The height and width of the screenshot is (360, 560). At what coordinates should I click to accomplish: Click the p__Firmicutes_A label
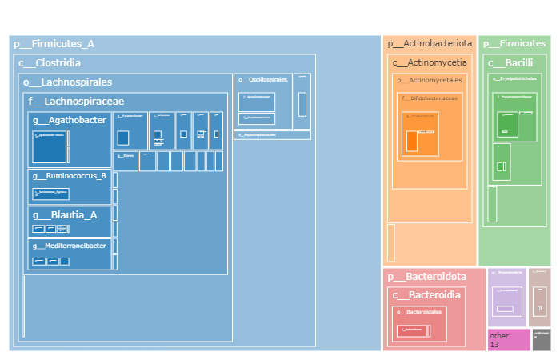pyautogui.click(x=54, y=44)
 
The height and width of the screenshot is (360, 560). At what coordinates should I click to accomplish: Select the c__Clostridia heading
pyautogui.click(x=50, y=63)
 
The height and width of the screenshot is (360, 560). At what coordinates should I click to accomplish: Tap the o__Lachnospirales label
pyautogui.click(x=68, y=82)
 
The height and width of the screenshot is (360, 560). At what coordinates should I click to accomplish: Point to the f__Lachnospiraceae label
pyautogui.click(x=76, y=102)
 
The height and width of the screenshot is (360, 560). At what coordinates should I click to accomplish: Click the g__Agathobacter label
pyautogui.click(x=70, y=121)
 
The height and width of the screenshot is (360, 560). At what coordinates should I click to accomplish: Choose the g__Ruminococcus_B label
pyautogui.click(x=70, y=176)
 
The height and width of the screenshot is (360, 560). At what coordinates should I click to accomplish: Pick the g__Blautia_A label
pyautogui.click(x=65, y=215)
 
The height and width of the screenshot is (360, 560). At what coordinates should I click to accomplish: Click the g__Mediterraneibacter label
pyautogui.click(x=70, y=246)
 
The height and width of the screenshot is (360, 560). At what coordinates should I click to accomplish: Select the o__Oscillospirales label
pyautogui.click(x=262, y=80)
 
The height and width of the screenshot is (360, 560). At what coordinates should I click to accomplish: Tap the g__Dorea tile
pyautogui.click(x=125, y=160)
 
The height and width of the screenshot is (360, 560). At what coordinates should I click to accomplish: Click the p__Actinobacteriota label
pyautogui.click(x=430, y=43)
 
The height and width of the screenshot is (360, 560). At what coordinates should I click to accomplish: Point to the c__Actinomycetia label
pyautogui.click(x=430, y=62)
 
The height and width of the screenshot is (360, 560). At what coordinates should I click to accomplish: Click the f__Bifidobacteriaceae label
pyautogui.click(x=430, y=98)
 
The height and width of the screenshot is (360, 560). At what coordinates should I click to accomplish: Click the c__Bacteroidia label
pyautogui.click(x=426, y=296)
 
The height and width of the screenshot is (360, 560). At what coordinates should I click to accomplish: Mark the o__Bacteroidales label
pyautogui.click(x=419, y=312)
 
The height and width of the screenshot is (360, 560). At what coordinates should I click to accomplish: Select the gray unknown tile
pyautogui.click(x=542, y=340)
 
